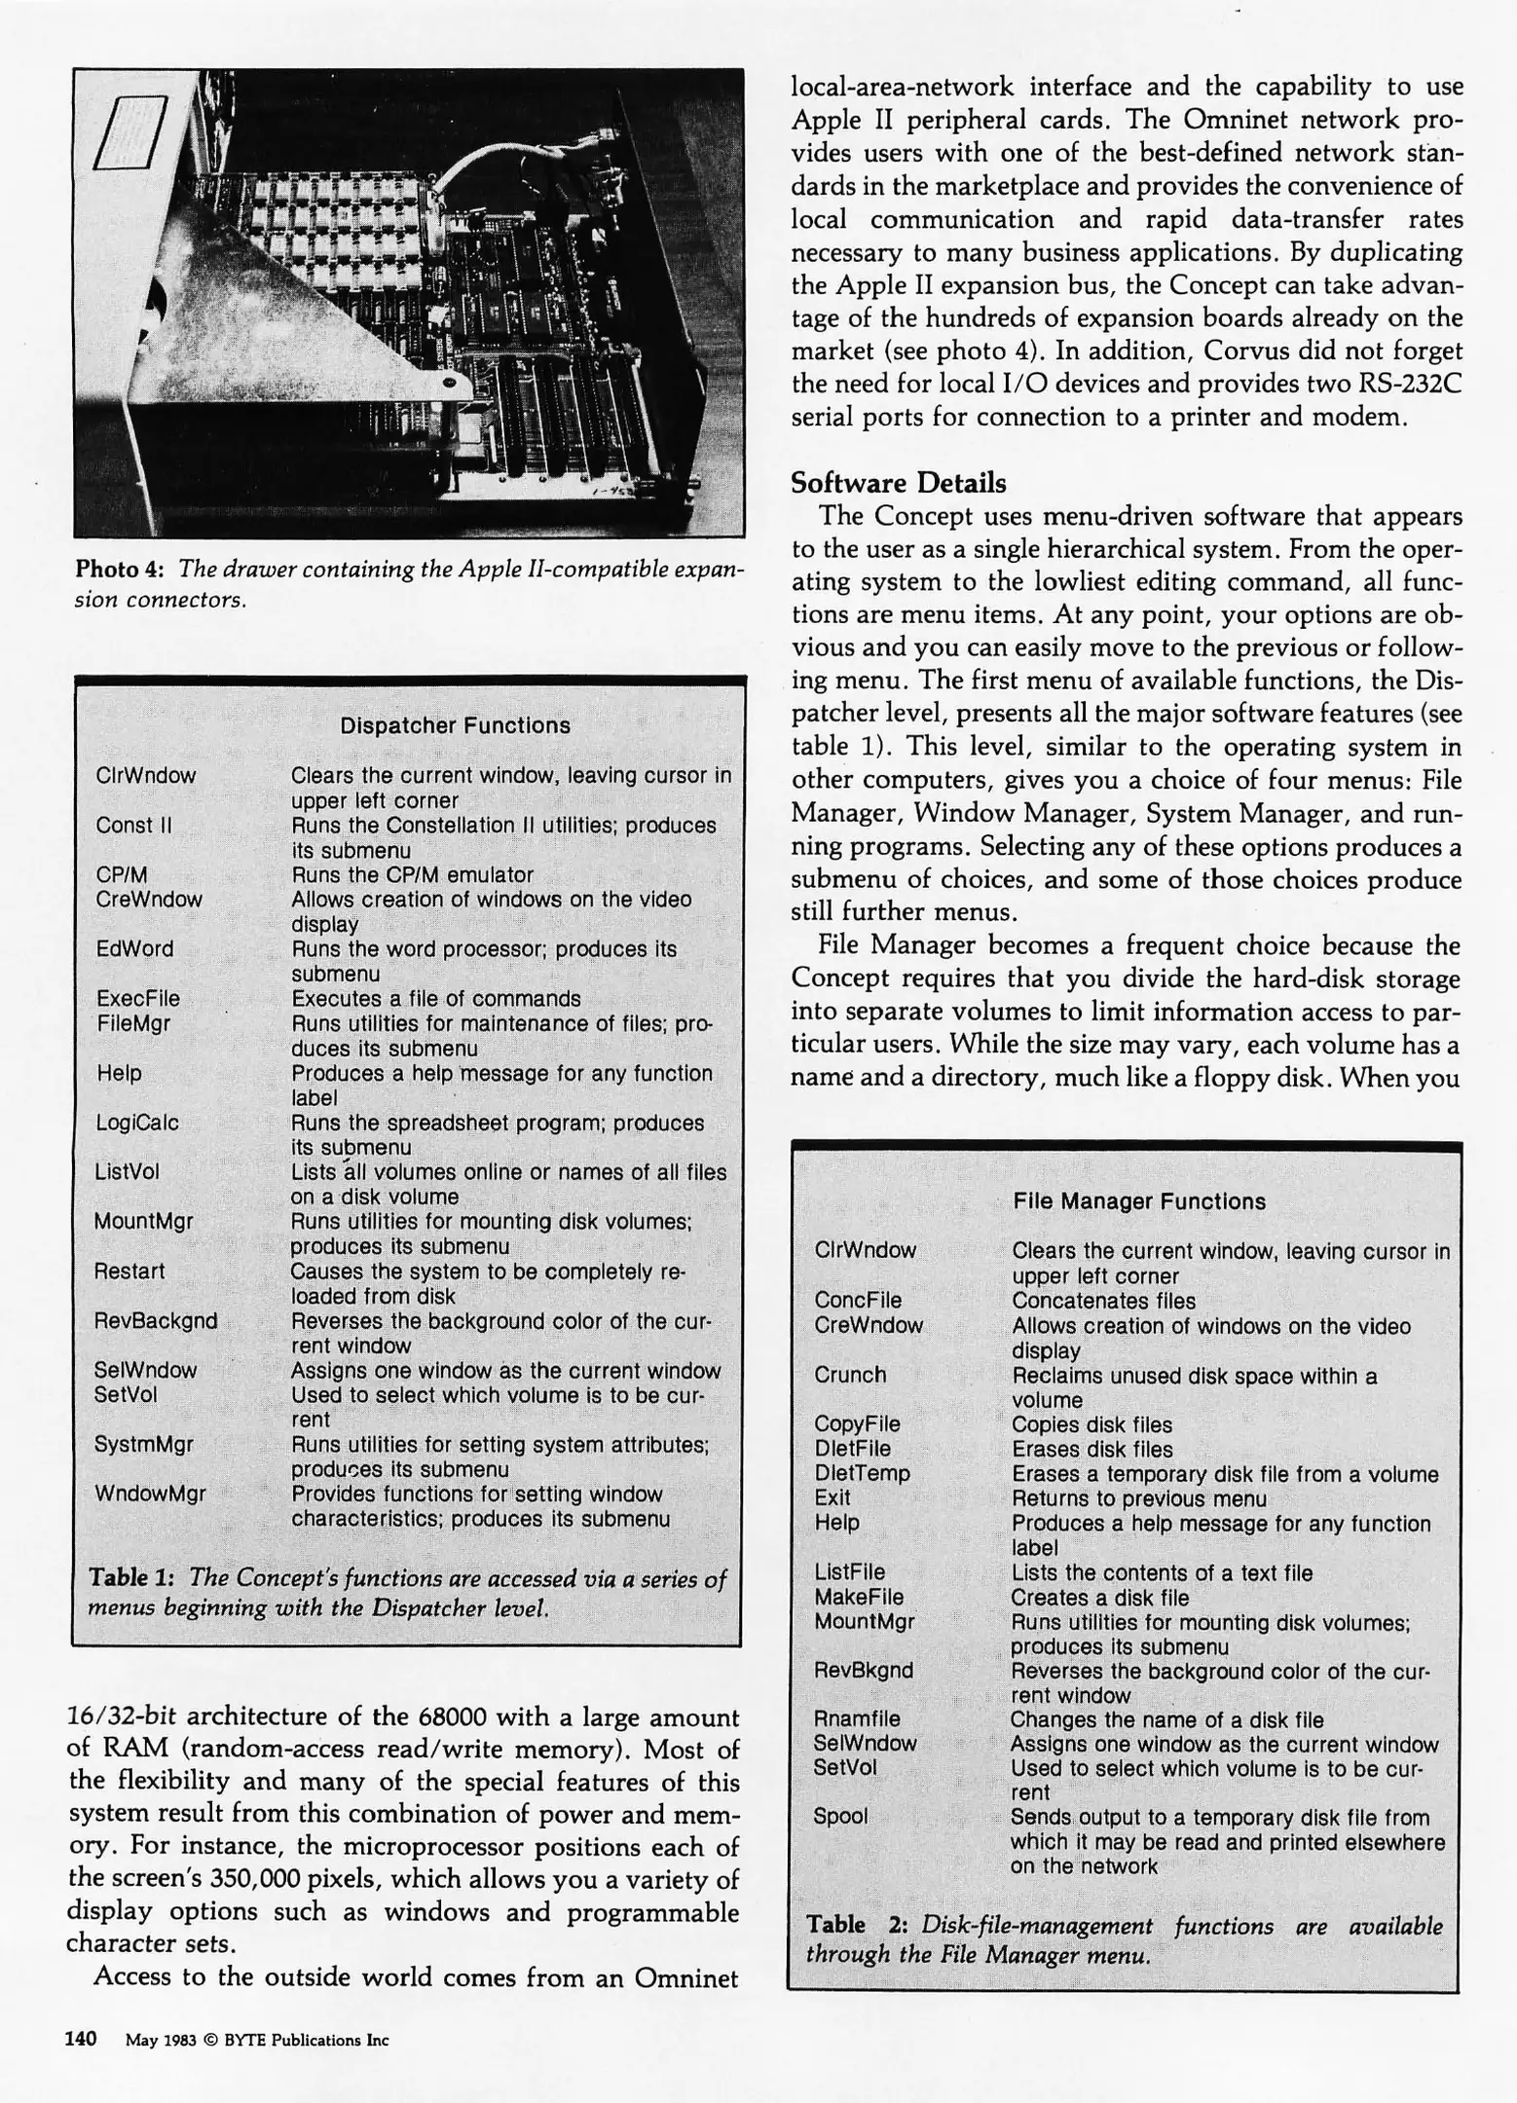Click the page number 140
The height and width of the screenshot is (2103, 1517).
pyautogui.click(x=81, y=2038)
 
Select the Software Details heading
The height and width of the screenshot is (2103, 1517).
pyautogui.click(x=898, y=483)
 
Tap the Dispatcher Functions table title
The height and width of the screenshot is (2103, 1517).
pyautogui.click(x=455, y=725)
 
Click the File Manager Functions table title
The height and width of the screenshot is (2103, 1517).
pyautogui.click(x=1138, y=1201)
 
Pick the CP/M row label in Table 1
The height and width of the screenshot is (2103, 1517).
pyautogui.click(x=122, y=874)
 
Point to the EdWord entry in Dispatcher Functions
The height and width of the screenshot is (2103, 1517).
pyautogui.click(x=134, y=948)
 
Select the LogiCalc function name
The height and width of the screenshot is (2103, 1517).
pyautogui.click(x=137, y=1123)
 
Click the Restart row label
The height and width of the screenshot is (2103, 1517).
pyautogui.click(x=129, y=1271)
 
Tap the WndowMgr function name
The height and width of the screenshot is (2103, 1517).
pyautogui.click(x=150, y=1493)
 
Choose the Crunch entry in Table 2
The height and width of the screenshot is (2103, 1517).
pyautogui.click(x=850, y=1375)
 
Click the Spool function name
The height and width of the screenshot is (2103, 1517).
pyautogui.click(x=840, y=1816)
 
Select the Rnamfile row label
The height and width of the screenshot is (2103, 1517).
pyautogui.click(x=857, y=1718)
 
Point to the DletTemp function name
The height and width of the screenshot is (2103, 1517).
pyautogui.click(x=862, y=1473)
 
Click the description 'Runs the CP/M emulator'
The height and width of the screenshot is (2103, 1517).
pyautogui.click(x=413, y=874)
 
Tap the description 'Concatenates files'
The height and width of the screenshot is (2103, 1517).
pyautogui.click(x=1103, y=1301)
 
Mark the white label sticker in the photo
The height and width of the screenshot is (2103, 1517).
pyautogui.click(x=131, y=132)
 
